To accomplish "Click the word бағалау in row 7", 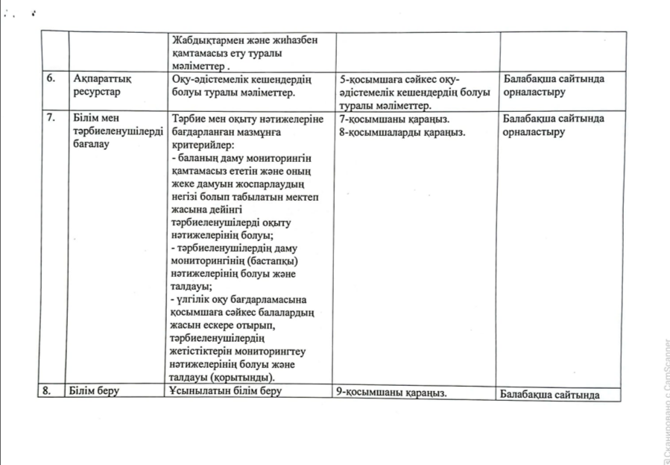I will point(92,144).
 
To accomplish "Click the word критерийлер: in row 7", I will point(203,144).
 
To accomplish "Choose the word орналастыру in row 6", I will point(534,93).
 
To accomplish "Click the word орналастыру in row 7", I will point(534,132).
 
